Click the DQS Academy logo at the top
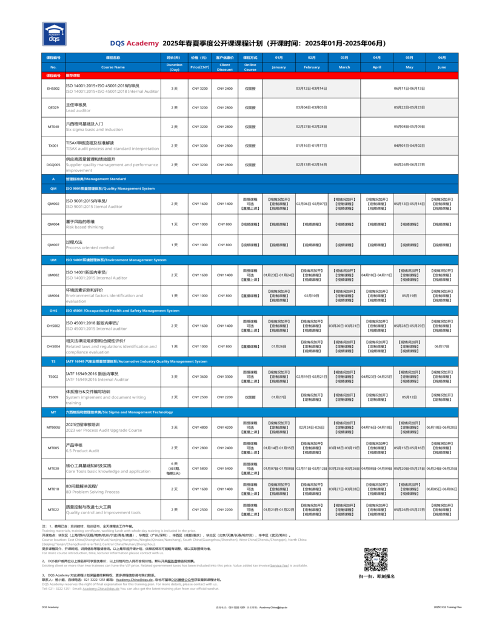tap(53, 33)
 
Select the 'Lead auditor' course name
tap(78, 110)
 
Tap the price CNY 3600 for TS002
tap(199, 377)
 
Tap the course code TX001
tap(53, 146)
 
